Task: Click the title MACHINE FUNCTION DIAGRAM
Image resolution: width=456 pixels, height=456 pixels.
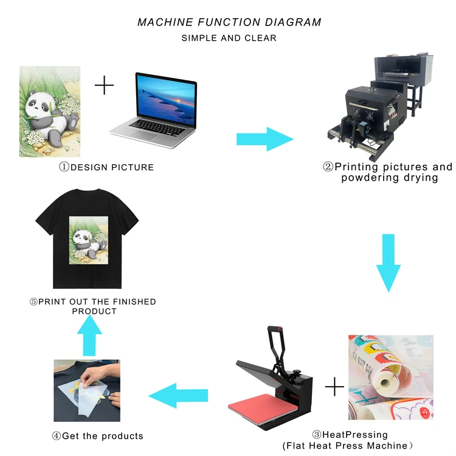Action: tap(229, 22)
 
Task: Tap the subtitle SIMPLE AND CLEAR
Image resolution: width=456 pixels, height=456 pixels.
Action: tap(229, 38)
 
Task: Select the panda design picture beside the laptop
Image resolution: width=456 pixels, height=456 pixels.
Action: tap(50, 111)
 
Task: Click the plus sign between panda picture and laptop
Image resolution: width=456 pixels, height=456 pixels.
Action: tap(105, 85)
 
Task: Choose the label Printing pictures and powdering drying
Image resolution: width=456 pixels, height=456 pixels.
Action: tap(387, 172)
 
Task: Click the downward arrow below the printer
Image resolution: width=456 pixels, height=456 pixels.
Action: tap(389, 261)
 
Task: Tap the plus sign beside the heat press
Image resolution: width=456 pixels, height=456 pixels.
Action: tap(334, 387)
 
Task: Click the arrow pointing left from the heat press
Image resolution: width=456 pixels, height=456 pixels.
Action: tap(179, 395)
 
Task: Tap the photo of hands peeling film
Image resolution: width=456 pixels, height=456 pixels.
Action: tap(86, 390)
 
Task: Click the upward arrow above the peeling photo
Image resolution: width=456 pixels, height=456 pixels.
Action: tap(90, 338)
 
